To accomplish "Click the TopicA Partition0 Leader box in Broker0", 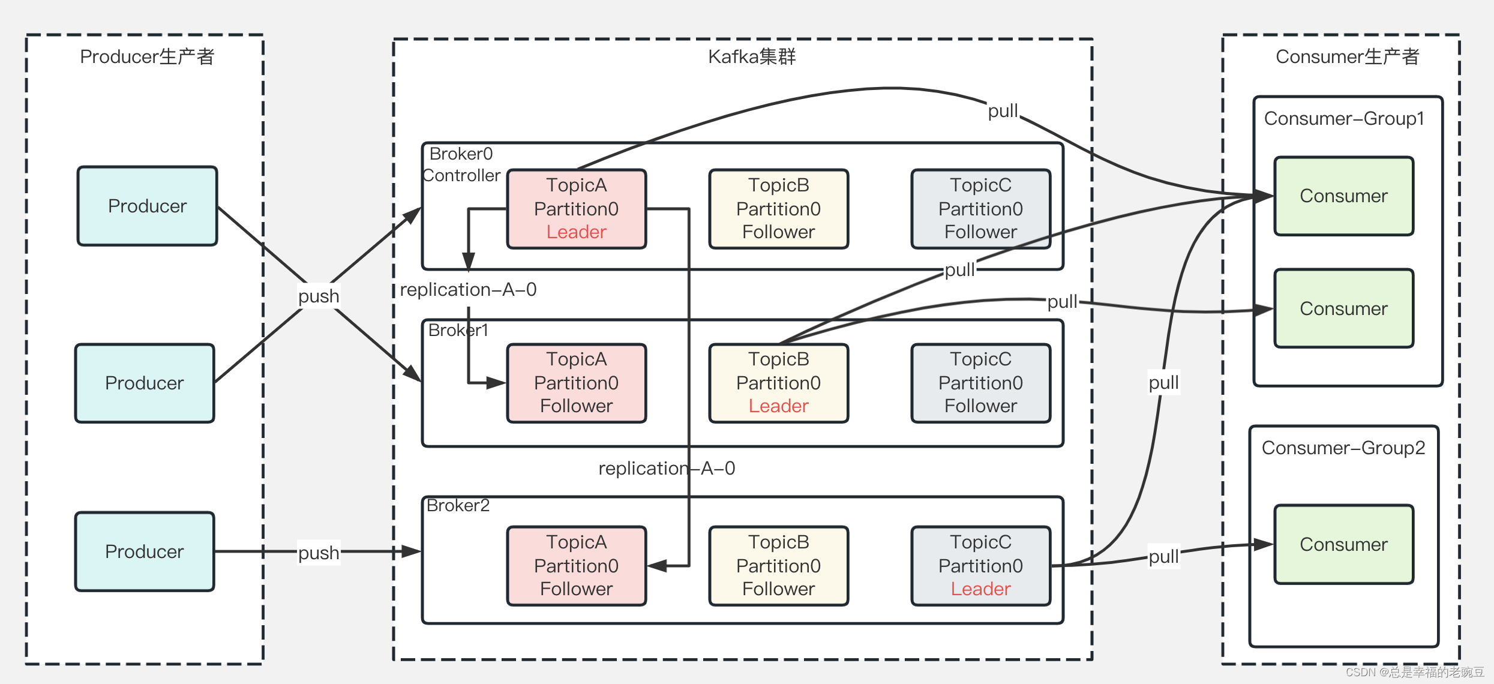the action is click(x=577, y=209).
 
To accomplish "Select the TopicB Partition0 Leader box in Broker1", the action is click(x=779, y=383).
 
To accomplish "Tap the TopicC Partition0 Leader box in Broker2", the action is click(x=981, y=566).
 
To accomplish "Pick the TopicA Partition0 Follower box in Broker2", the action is click(x=577, y=566).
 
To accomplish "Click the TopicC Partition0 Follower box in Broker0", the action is click(x=981, y=209).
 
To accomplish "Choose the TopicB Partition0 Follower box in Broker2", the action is click(x=779, y=566).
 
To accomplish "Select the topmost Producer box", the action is click(x=148, y=206).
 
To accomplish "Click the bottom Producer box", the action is click(x=145, y=551).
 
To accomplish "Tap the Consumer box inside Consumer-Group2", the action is click(x=1344, y=544).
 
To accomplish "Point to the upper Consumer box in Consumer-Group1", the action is click(x=1344, y=196).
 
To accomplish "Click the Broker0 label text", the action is click(x=461, y=154).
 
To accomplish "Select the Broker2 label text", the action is click(x=458, y=505).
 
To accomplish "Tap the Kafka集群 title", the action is click(x=752, y=56).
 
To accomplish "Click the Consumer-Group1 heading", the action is click(x=1344, y=119).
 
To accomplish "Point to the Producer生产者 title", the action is click(x=147, y=56).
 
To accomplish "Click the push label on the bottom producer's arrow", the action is click(x=319, y=553).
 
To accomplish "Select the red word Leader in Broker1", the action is click(x=779, y=406).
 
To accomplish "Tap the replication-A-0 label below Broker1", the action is click(x=667, y=468).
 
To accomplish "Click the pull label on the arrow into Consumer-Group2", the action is click(x=1163, y=557).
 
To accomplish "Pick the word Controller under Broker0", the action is click(x=461, y=175).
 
